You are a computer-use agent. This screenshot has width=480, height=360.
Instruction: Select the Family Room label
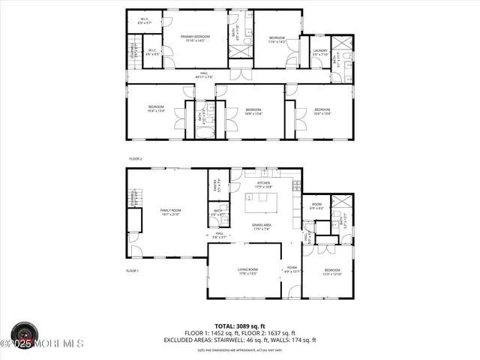point(171,212)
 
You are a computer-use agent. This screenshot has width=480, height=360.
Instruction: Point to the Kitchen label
point(263,184)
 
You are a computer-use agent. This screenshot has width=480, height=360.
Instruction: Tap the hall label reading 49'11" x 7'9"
point(204,74)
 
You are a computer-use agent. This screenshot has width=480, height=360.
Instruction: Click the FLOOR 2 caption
point(135,159)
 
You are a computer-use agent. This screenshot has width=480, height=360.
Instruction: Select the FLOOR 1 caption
point(132,269)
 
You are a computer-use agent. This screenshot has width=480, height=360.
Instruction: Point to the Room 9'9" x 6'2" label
point(316,206)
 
